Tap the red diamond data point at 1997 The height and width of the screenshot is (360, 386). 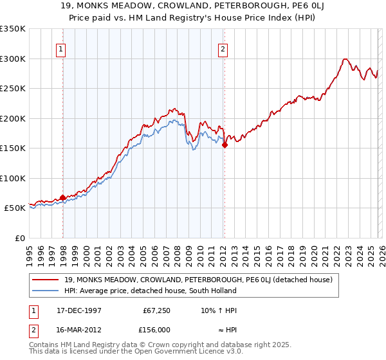click(62, 198)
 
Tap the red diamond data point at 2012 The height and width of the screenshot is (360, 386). click(225, 145)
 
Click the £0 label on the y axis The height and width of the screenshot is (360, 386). click(20, 238)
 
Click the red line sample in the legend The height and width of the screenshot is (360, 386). click(45, 280)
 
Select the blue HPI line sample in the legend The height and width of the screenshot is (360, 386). click(45, 291)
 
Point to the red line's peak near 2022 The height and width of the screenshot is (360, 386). click(345, 59)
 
